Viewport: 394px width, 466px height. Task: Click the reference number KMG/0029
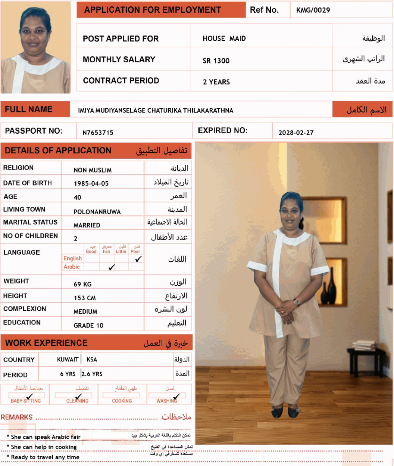tap(313, 10)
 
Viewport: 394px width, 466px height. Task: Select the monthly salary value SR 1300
tap(216, 61)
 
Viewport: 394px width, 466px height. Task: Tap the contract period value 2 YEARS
tap(216, 82)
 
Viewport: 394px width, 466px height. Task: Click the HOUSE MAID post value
tap(224, 38)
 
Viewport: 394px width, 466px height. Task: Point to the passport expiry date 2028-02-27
tap(296, 133)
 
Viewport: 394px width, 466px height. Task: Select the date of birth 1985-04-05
tap(91, 184)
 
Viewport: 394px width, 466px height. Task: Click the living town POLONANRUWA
tap(97, 212)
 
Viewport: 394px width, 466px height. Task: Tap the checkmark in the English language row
tap(138, 259)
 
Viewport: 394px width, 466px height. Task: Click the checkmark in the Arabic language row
tap(111, 267)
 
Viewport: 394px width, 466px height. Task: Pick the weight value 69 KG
tap(82, 284)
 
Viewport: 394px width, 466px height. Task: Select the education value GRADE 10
tap(88, 326)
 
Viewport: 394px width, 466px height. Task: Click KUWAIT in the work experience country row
tap(68, 360)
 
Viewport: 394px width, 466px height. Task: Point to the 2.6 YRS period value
tap(92, 374)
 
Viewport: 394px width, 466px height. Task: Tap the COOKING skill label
tap(122, 401)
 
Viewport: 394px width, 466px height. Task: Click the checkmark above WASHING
tap(176, 396)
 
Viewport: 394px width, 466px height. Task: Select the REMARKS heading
tap(17, 417)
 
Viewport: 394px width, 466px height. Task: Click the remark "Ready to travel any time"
tap(45, 457)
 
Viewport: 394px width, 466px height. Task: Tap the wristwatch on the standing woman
tap(297, 302)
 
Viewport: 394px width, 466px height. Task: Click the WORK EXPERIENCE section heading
tap(46, 343)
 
